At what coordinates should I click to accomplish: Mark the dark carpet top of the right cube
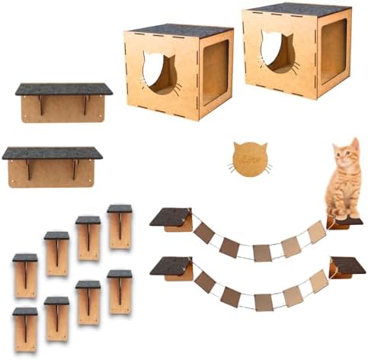pos(297,8)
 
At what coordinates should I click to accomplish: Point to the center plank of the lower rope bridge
pos(263,301)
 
